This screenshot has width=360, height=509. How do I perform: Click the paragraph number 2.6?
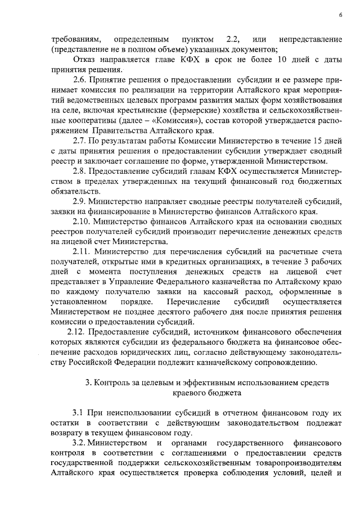82,80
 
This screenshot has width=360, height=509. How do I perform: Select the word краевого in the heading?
187,394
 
